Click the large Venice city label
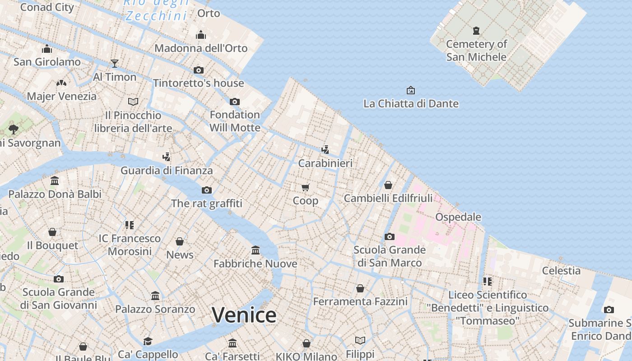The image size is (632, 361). (x=244, y=315)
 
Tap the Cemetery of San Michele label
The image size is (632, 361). (x=476, y=50)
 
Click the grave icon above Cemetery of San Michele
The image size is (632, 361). (x=476, y=31)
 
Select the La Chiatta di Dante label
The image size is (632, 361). (x=411, y=103)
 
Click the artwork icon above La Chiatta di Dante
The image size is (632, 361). (x=410, y=90)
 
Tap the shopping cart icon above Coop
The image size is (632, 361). (x=306, y=187)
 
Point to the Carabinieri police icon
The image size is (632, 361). (x=325, y=149)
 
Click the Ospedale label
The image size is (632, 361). (x=458, y=217)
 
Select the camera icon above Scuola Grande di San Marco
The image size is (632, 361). (x=389, y=236)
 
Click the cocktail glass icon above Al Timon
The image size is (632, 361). (x=115, y=64)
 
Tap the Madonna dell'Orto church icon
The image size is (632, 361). (x=201, y=35)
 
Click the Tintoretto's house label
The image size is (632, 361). (x=198, y=83)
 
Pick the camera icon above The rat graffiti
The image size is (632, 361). (x=207, y=190)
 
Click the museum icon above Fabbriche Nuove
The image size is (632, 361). (x=256, y=250)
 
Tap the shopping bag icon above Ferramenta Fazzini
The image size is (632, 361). (x=360, y=288)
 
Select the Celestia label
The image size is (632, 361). (x=561, y=270)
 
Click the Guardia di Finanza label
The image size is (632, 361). (x=166, y=170)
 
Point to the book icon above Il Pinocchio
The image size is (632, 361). (x=133, y=102)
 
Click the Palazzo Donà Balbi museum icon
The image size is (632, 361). (x=55, y=180)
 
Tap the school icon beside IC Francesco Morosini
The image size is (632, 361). (x=130, y=225)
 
